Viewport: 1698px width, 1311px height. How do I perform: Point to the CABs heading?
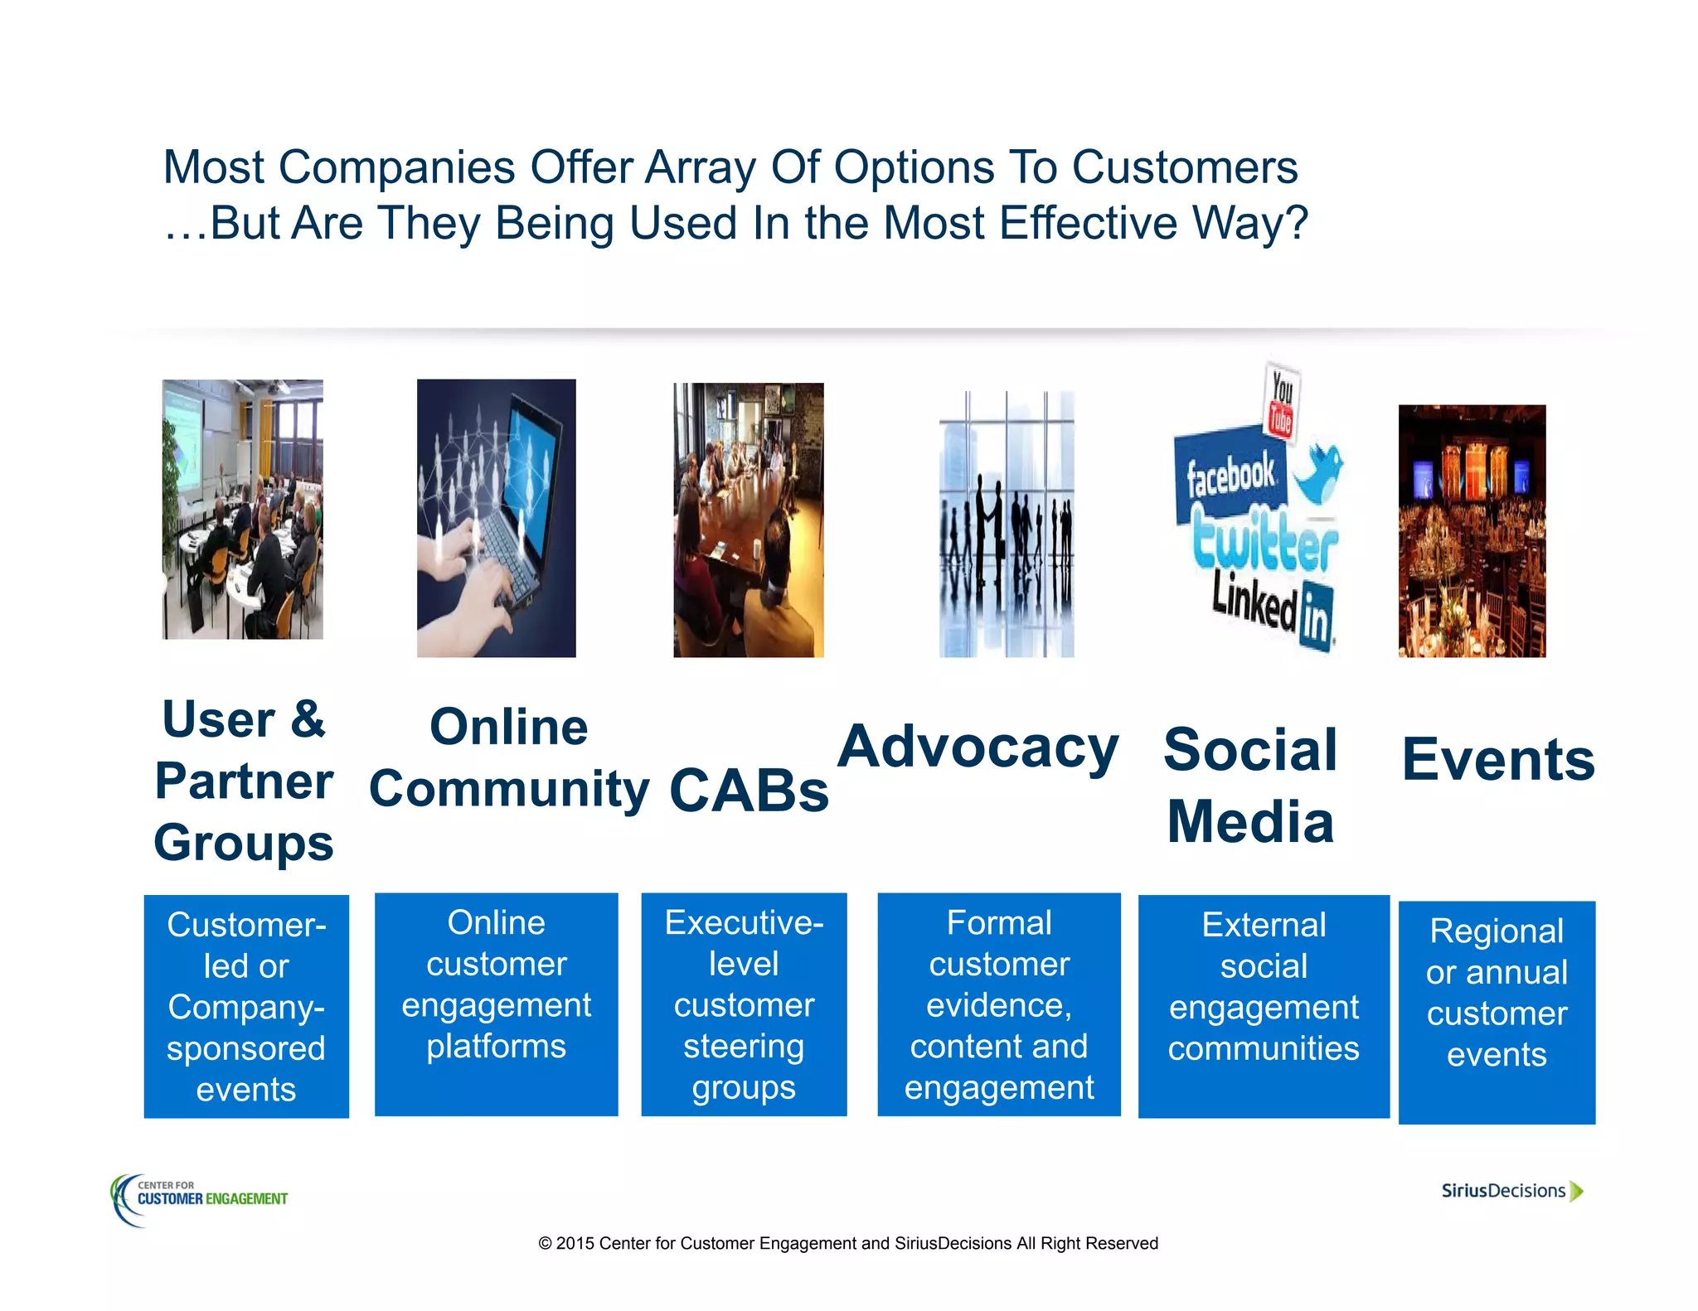coord(749,790)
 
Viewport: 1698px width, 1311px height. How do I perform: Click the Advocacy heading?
coord(978,747)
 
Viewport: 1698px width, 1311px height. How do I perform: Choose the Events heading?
coord(1497,759)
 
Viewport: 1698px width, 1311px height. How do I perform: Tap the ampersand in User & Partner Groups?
coord(307,719)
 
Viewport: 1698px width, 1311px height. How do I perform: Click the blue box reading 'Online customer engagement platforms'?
coord(496,1004)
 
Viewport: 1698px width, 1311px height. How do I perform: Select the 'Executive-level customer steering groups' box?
coord(744,1004)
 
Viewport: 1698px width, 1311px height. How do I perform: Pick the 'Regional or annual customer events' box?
coord(1497,1012)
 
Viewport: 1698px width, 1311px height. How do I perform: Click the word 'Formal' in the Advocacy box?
coord(998,922)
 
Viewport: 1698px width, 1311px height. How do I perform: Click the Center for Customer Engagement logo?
coord(199,1198)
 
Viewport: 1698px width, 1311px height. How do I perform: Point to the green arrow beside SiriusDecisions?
coord(1577,1191)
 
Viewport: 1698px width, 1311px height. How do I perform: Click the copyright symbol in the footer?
coord(545,1243)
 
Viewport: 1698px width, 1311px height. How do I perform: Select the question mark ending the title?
coord(1295,224)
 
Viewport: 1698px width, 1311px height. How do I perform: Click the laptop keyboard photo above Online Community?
coord(496,518)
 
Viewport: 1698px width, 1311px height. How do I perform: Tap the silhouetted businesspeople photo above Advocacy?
coord(1006,524)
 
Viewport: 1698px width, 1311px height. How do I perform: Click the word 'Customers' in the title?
coord(1185,167)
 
